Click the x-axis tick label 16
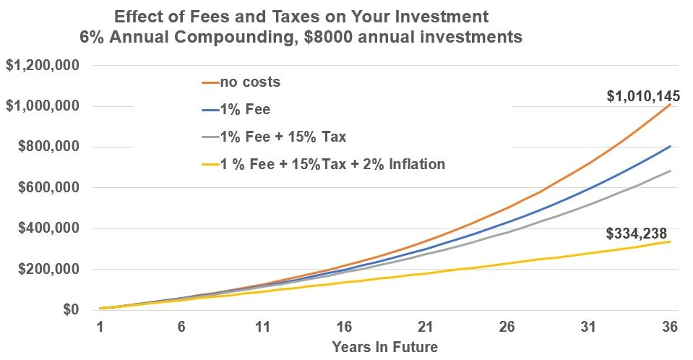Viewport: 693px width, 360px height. pyautogui.click(x=344, y=327)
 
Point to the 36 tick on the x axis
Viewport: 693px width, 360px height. pyautogui.click(x=669, y=327)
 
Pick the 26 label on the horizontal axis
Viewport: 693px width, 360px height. pyautogui.click(x=507, y=327)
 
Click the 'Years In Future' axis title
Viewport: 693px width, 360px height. pyautogui.click(x=384, y=346)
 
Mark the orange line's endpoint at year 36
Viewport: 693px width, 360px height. pyautogui.click(x=671, y=105)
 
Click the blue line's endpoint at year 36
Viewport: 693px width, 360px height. pyautogui.click(x=671, y=146)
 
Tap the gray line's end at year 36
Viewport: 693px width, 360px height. pyautogui.click(x=671, y=171)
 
